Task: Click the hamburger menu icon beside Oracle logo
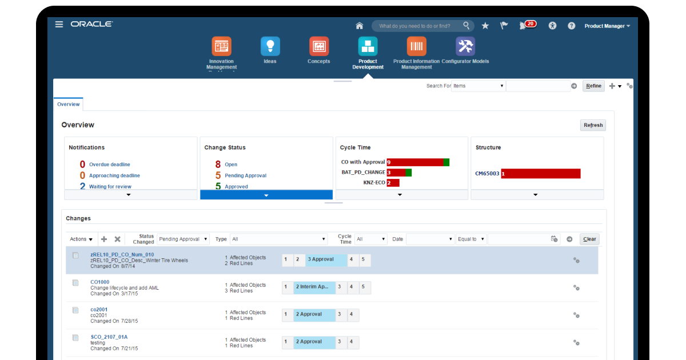pyautogui.click(x=59, y=24)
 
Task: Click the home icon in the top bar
pyautogui.click(x=360, y=26)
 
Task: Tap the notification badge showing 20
pyautogui.click(x=530, y=24)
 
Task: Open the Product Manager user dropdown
pyautogui.click(x=607, y=26)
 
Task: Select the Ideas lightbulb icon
pyautogui.click(x=270, y=46)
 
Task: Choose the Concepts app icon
pyautogui.click(x=318, y=46)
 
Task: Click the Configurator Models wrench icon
pyautogui.click(x=465, y=46)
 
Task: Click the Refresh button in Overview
pyautogui.click(x=593, y=125)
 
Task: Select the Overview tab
pyautogui.click(x=68, y=105)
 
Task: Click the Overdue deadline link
pyautogui.click(x=109, y=165)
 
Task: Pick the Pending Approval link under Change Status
pyautogui.click(x=245, y=175)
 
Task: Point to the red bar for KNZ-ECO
pyautogui.click(x=393, y=183)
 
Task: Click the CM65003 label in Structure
pyautogui.click(x=487, y=174)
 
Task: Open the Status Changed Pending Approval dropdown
pyautogui.click(x=183, y=239)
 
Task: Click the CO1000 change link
pyautogui.click(x=99, y=282)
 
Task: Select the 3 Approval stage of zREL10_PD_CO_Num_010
pyautogui.click(x=326, y=259)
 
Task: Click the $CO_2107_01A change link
pyautogui.click(x=109, y=337)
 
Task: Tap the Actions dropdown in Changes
pyautogui.click(x=81, y=239)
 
